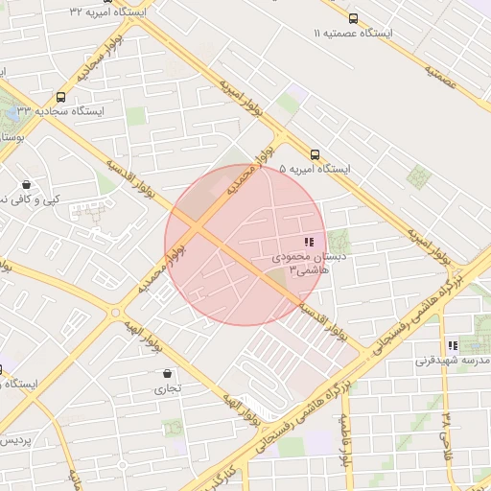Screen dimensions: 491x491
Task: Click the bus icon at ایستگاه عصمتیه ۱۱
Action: point(353,18)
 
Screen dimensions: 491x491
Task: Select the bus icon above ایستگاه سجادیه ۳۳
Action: point(61,97)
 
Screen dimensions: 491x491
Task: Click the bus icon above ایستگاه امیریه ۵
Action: point(315,154)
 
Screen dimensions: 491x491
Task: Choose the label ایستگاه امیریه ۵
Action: point(315,169)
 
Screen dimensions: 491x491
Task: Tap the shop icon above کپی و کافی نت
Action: point(26,184)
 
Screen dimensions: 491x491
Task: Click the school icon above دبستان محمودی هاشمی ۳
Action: point(309,244)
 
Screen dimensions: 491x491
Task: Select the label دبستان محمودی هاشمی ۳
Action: point(302,265)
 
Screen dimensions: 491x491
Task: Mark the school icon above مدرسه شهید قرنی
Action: point(452,346)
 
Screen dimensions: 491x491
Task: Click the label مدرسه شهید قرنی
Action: point(454,362)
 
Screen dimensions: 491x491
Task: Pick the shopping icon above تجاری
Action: point(168,374)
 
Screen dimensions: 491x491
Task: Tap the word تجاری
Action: point(168,389)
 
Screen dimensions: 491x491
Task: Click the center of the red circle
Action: point(244,245)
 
